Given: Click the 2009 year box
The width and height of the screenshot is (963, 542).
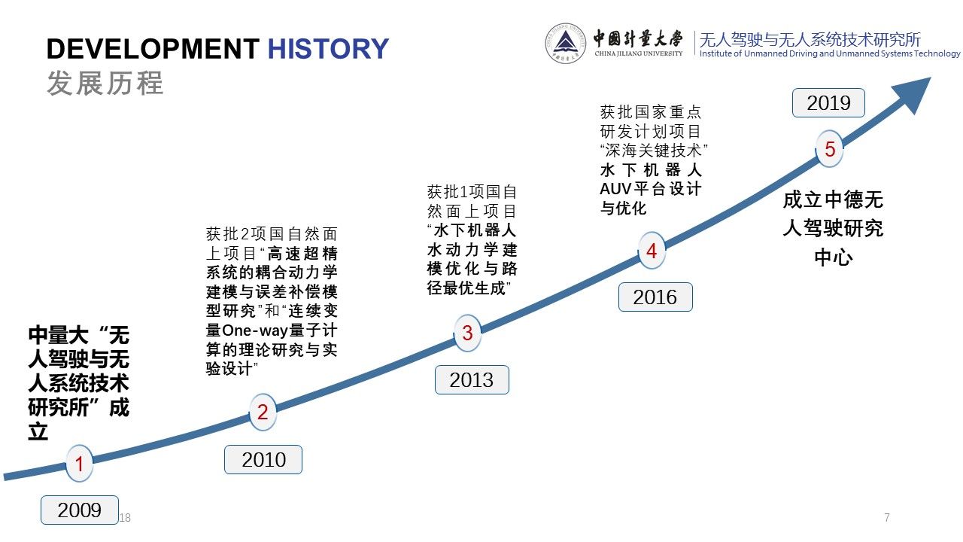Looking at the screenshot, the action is point(80,510).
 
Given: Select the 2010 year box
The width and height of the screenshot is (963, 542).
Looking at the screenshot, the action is point(263,460).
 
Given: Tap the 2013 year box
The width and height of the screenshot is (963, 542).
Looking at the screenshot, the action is point(472,380).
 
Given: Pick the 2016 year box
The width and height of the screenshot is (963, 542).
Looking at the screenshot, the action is point(655,297).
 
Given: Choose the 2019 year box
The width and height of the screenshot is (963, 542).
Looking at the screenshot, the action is point(828,103).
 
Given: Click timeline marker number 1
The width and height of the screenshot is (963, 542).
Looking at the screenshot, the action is point(79,464).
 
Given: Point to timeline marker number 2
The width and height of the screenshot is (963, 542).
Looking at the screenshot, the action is point(263,412).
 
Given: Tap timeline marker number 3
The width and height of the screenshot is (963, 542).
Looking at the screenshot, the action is point(467,333).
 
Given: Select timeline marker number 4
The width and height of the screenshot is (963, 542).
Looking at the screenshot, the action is point(652,251).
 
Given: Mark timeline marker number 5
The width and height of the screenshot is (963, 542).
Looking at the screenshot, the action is point(829,149).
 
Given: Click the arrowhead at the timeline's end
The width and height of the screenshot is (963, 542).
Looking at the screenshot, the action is point(913,94).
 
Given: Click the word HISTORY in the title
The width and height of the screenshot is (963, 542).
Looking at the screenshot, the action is point(328,49).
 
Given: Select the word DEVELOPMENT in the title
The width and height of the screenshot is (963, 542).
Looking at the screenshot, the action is point(153,49).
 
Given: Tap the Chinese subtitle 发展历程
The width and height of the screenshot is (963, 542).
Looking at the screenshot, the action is point(105,83).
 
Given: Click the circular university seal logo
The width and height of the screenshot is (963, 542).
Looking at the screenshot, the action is point(565,44).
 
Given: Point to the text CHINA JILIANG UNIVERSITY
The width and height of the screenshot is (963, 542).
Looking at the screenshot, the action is point(639,53).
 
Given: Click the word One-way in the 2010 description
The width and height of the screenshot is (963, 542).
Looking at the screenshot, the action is point(255,330).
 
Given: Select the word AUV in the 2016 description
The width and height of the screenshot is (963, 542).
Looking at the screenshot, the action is point(615,189).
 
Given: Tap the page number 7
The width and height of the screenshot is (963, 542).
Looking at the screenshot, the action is point(887,517).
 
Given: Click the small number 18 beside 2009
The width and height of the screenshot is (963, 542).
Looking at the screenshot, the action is point(125,517).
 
